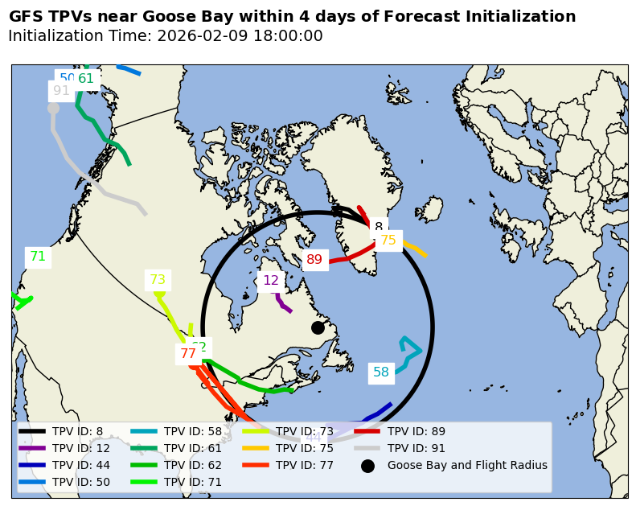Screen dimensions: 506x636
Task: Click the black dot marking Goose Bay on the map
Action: coord(318,327)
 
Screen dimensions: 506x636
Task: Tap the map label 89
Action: coord(314,259)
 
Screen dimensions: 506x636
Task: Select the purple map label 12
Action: coord(271,281)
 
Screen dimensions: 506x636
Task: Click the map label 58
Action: coord(381,372)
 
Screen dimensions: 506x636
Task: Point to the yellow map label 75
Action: coord(388,240)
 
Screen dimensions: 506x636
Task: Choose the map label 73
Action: coord(158,280)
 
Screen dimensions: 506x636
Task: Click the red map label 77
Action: coord(188,354)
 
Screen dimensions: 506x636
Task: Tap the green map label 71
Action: coord(38,257)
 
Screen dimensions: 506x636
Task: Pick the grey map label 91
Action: coord(61,91)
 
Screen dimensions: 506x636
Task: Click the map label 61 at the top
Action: coord(86,79)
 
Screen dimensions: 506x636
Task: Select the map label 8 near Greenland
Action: coord(379,228)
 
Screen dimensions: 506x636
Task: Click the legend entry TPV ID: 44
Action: coord(81,465)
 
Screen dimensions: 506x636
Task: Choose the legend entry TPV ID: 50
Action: coord(81,482)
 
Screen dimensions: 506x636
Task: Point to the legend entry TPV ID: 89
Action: coord(416,431)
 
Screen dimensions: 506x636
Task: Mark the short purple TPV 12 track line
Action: coord(282,303)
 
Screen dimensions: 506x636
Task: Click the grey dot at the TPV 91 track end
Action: coord(53,108)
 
